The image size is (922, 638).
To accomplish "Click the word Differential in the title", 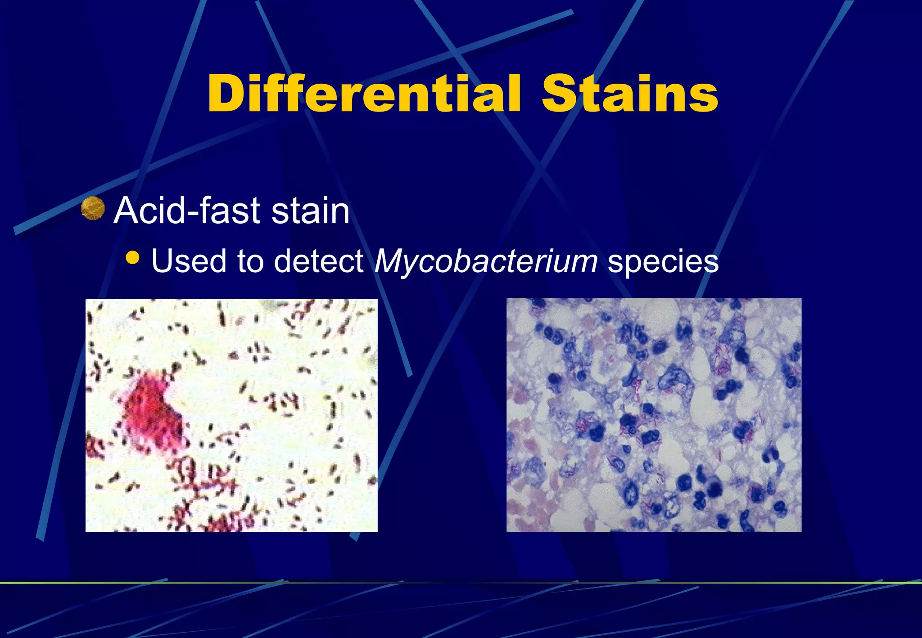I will pyautogui.click(x=364, y=94).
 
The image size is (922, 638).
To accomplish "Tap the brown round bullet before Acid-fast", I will pyautogui.click(x=93, y=208).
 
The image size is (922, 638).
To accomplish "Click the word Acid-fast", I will pyautogui.click(x=187, y=210).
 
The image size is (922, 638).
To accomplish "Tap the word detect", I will pyautogui.click(x=319, y=261).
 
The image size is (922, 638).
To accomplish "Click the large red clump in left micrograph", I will pyautogui.click(x=151, y=412).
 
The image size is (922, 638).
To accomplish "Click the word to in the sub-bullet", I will pyautogui.click(x=250, y=261).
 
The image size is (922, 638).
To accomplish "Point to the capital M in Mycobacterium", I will pyautogui.click(x=392, y=261).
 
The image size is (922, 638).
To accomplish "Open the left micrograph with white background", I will pyautogui.click(x=231, y=415).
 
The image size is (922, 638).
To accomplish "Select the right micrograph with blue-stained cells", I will pyautogui.click(x=654, y=415).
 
